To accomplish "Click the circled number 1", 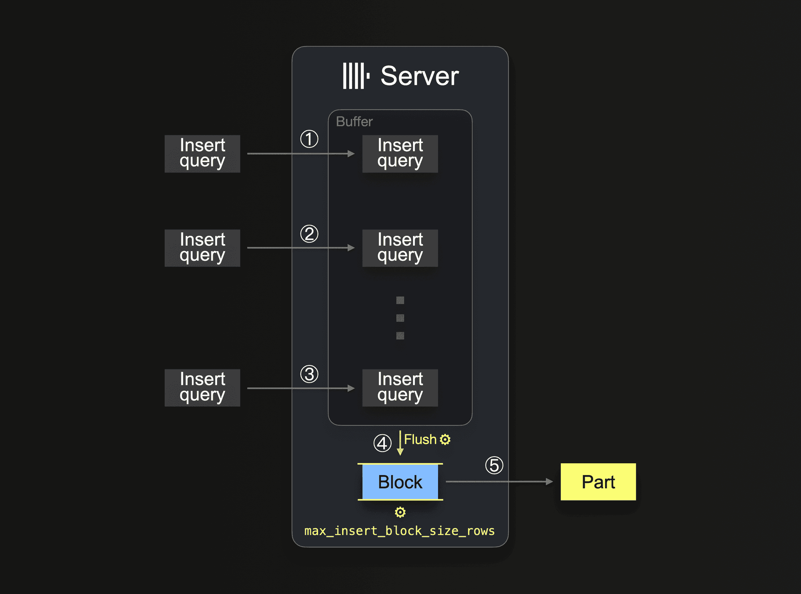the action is point(309,139).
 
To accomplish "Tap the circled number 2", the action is point(309,234).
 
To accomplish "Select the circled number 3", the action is point(309,374).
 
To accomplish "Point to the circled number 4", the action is point(382,443).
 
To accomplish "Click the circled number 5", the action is point(494,466).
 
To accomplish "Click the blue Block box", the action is point(400,482).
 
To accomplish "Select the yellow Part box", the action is point(598,482).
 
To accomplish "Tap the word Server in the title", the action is point(420,76).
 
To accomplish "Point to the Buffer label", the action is point(354,122).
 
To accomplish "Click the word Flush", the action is point(420,439).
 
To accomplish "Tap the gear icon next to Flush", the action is point(445,439).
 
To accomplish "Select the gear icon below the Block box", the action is point(400,512).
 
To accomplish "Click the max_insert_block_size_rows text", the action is point(399,531).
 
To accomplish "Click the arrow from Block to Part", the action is point(499,482).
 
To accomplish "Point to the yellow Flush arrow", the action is point(400,443).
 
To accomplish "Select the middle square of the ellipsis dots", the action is point(400,318).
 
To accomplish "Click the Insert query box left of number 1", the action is point(202,154).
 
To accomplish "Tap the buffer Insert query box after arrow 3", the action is point(400,388).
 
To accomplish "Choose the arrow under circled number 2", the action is point(301,248).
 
